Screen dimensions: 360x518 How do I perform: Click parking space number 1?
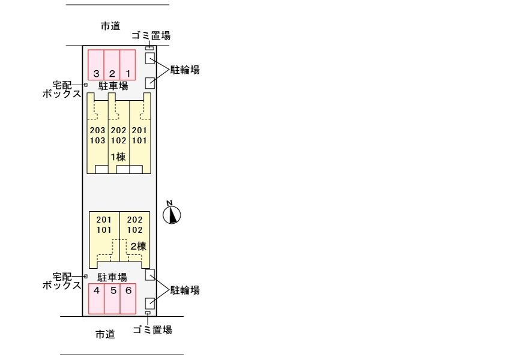[x=127, y=64]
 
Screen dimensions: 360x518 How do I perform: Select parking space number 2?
[x=112, y=64]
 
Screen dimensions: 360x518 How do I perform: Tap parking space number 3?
[x=96, y=64]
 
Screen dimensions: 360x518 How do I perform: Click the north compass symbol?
[x=172, y=214]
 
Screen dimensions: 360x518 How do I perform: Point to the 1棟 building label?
[x=118, y=157]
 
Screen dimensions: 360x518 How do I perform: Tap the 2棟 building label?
[x=139, y=246]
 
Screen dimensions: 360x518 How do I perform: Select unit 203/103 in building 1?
[x=97, y=136]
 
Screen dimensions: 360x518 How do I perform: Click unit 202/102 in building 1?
[x=118, y=136]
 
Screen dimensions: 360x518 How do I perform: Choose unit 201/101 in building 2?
[x=104, y=224]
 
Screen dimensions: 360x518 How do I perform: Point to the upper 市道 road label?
[x=110, y=26]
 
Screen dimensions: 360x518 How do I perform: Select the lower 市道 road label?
[x=105, y=334]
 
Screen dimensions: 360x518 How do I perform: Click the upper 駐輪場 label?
[x=185, y=70]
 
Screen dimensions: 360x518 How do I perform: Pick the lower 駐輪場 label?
[x=185, y=290]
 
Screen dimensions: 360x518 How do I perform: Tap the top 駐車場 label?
[x=113, y=86]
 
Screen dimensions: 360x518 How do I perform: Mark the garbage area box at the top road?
[x=149, y=47]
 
